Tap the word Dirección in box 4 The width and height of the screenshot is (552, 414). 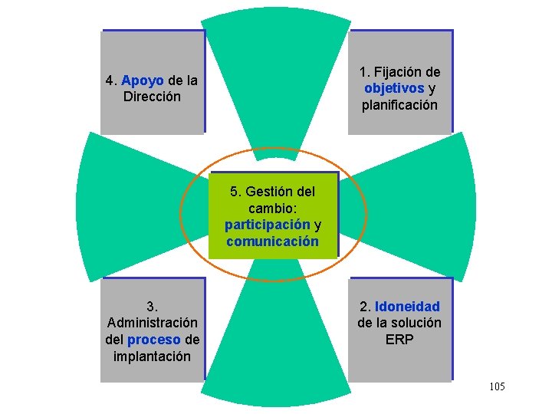point(152,97)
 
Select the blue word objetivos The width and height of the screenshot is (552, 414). point(395,88)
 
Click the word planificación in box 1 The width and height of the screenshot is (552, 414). point(400,104)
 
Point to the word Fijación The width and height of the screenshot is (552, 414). point(407,72)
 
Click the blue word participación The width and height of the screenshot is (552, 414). point(267,225)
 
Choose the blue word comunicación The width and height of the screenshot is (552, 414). point(272,241)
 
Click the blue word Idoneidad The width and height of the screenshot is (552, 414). point(407,307)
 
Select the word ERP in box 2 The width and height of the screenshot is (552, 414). point(399,339)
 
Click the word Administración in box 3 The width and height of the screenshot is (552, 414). point(153,323)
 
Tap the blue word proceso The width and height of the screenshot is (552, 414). point(154,339)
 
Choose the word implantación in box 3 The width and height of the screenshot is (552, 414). point(152,356)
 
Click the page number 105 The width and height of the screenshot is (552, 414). point(496,387)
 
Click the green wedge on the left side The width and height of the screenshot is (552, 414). point(123,207)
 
